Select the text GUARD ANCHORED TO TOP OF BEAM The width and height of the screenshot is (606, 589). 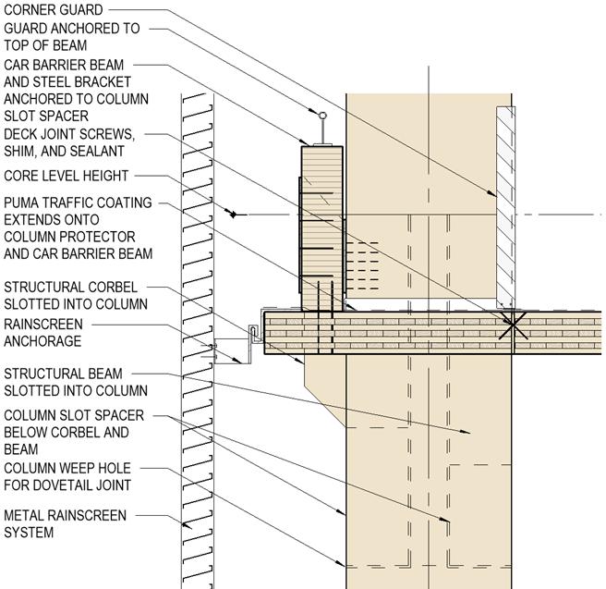point(72,37)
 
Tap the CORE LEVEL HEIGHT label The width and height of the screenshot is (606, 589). point(67,176)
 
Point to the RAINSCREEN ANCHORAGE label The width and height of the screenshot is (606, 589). point(43,333)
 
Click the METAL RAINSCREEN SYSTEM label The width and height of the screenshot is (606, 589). point(66,523)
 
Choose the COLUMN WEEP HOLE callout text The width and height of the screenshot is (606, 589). point(66,468)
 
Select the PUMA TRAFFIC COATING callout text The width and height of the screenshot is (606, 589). point(78,202)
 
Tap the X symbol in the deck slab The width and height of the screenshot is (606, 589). point(512,326)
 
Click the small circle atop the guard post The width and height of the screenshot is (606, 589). point(322,116)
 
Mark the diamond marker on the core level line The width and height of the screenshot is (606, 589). point(235,215)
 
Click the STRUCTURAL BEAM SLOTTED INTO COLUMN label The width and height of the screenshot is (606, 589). point(75,382)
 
